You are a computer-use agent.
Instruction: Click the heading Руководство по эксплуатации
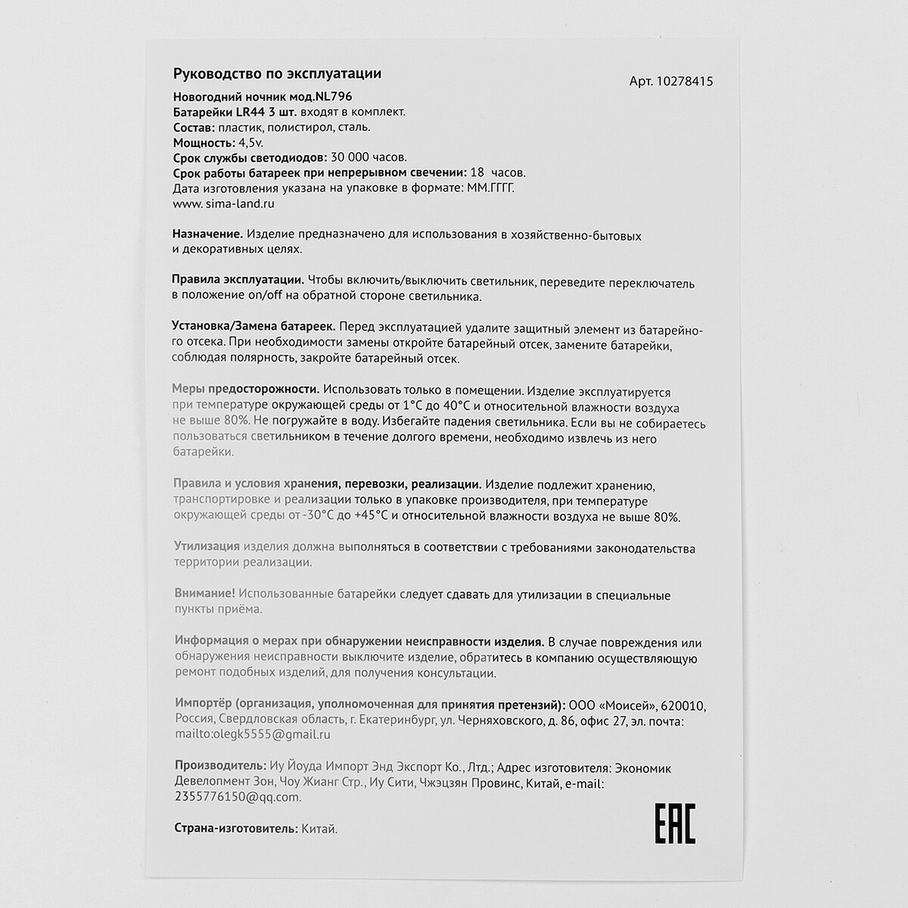point(277,73)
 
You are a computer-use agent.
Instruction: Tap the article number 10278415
point(684,82)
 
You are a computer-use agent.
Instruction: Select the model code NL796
point(332,96)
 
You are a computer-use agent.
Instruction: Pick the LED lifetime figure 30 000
point(356,157)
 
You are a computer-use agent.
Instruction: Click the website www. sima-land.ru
point(223,204)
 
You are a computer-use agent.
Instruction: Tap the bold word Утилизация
point(207,547)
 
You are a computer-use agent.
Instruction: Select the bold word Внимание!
point(204,595)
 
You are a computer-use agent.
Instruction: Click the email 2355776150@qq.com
point(238,797)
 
